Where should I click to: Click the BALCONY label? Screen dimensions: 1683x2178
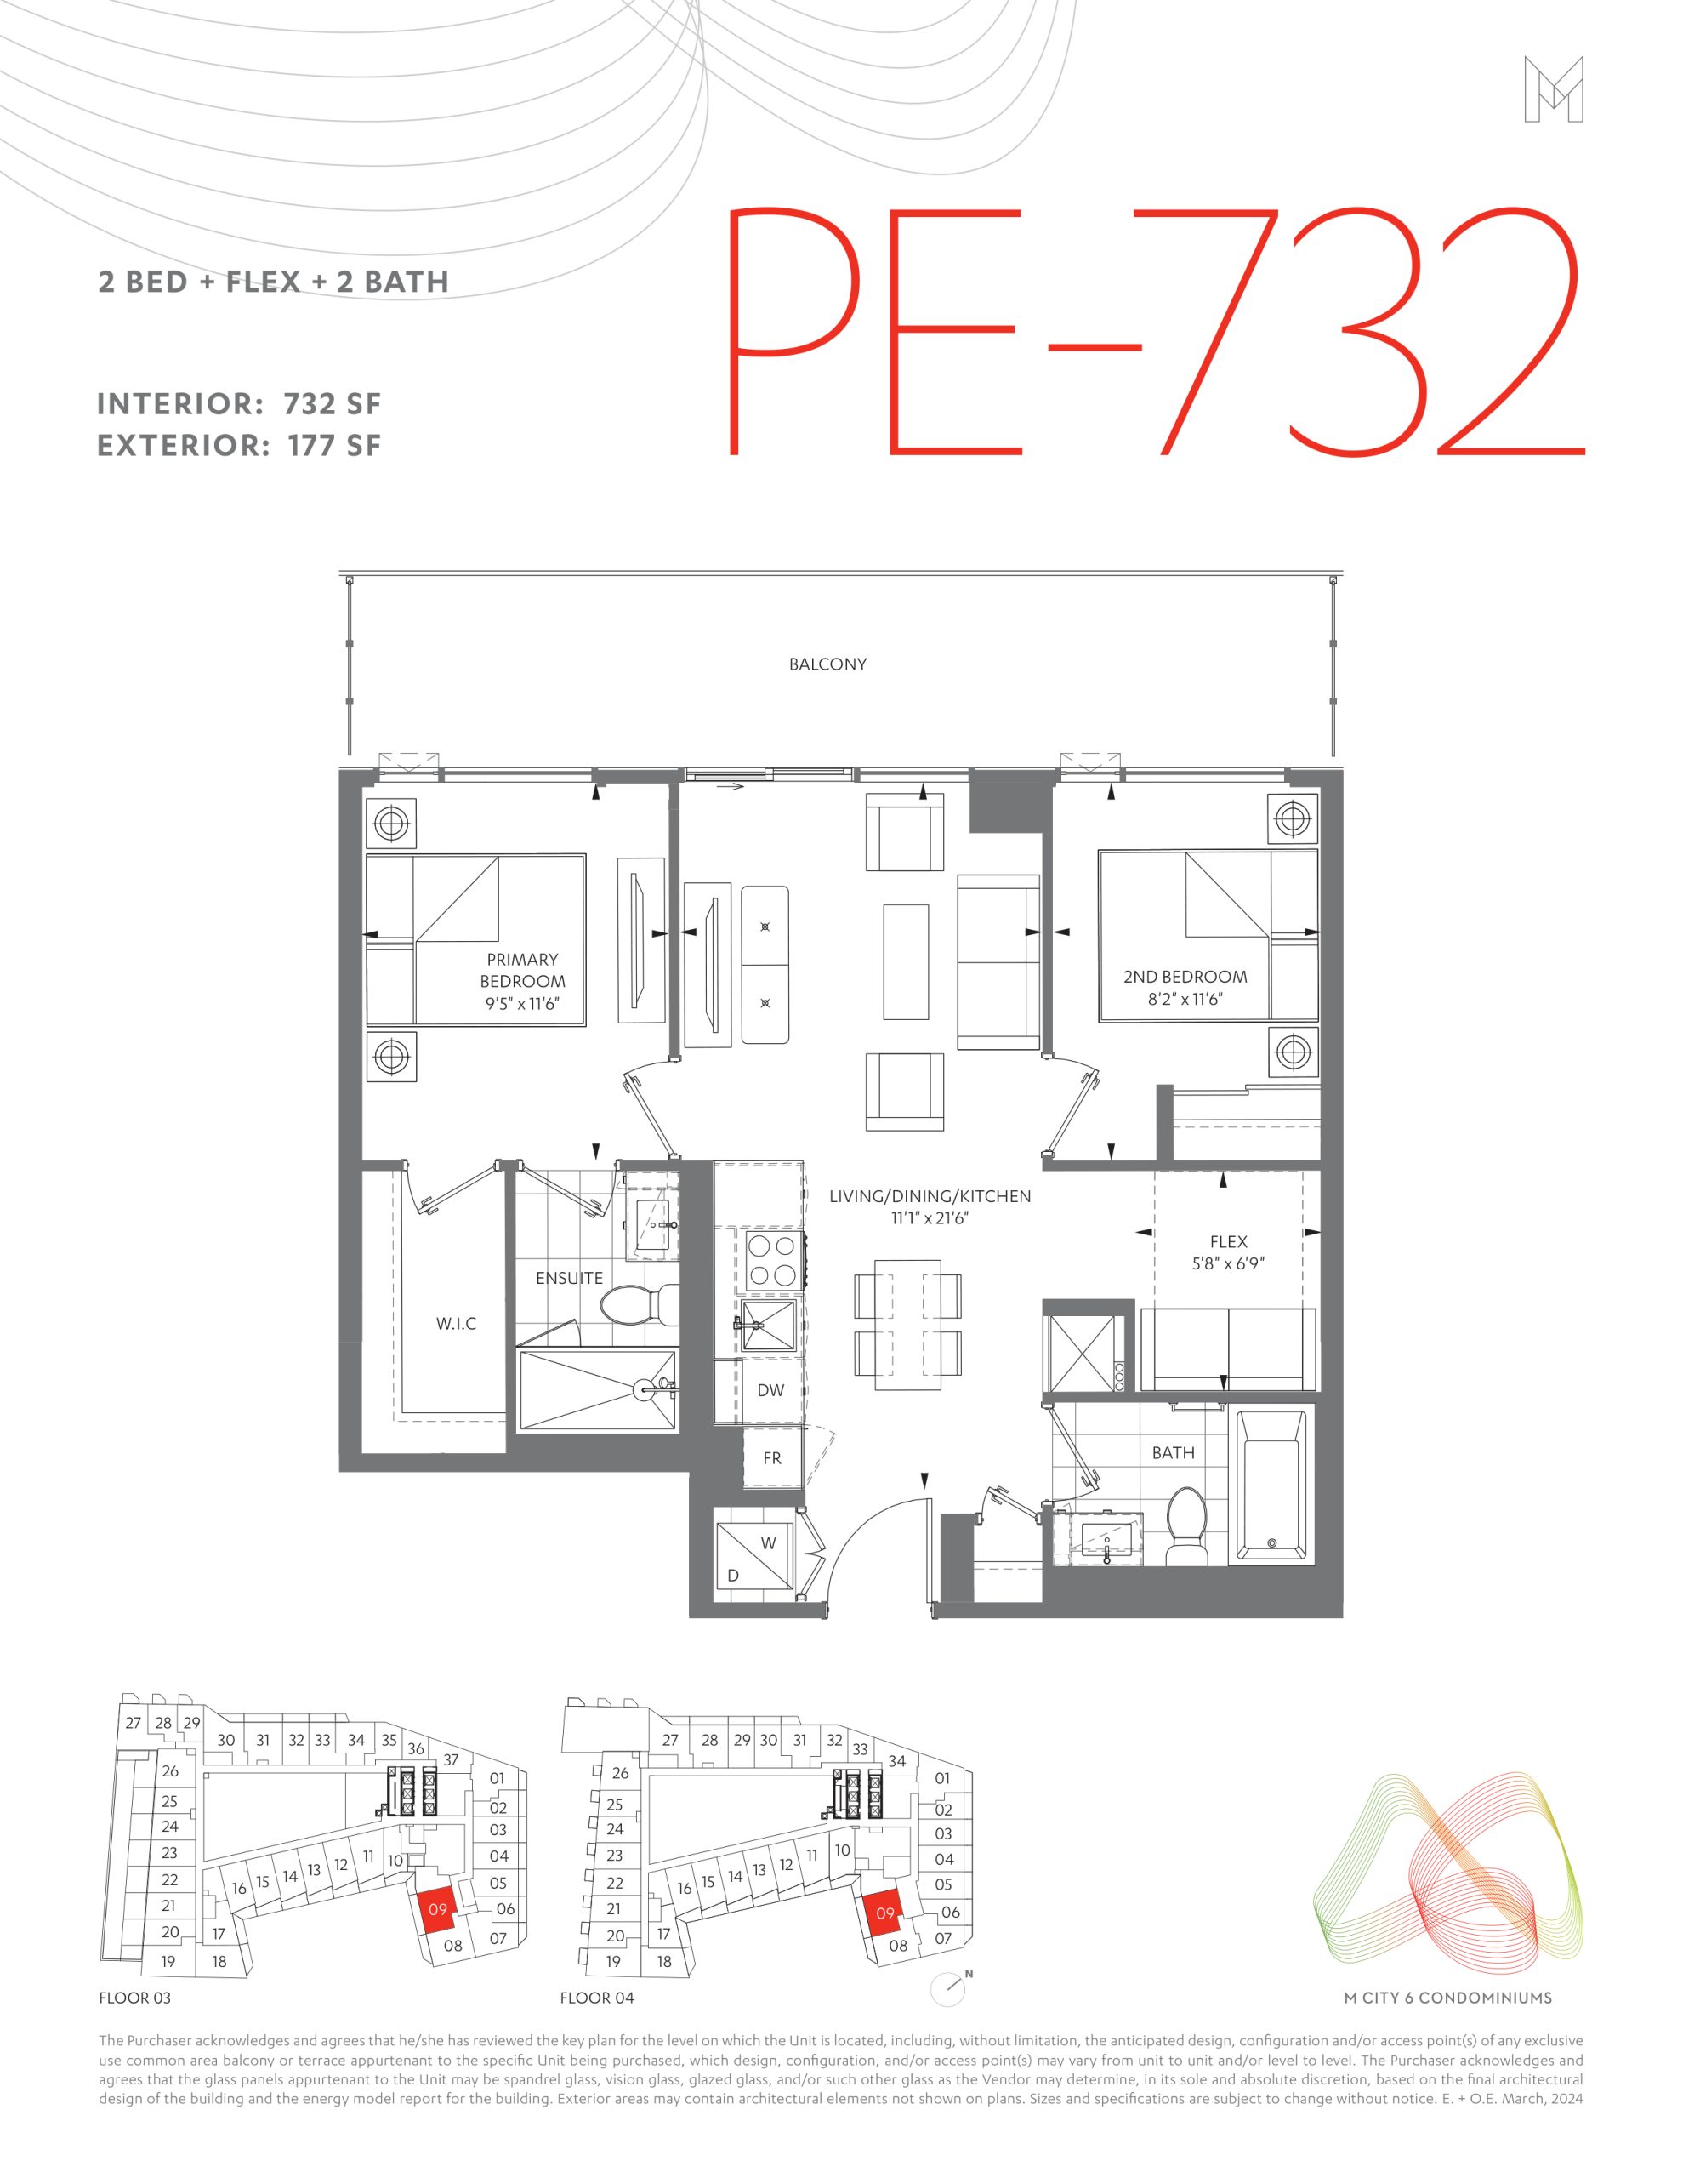coord(827,664)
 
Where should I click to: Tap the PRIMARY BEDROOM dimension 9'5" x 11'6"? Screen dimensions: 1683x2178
coord(522,1003)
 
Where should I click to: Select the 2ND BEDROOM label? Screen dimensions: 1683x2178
coord(1185,977)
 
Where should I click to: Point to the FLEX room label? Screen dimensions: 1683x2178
coord(1228,1241)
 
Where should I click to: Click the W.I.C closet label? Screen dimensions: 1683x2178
coord(456,1323)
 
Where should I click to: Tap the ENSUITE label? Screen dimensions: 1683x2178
coord(569,1278)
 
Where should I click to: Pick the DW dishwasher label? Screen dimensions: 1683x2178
coord(770,1390)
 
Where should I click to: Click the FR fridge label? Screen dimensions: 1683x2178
coord(771,1458)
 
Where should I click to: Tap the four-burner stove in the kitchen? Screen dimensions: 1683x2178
coord(771,1262)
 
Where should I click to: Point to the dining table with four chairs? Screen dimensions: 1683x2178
coord(907,1323)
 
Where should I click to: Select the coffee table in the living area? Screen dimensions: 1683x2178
coord(906,961)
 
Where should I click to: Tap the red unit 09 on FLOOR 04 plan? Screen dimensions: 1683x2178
coord(883,1913)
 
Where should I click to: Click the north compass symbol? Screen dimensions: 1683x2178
coord(948,1988)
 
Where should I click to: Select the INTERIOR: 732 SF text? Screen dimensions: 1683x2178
coord(239,404)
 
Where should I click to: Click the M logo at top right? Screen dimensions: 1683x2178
coord(1554,89)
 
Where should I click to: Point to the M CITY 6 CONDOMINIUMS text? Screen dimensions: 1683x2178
coord(1447,1998)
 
